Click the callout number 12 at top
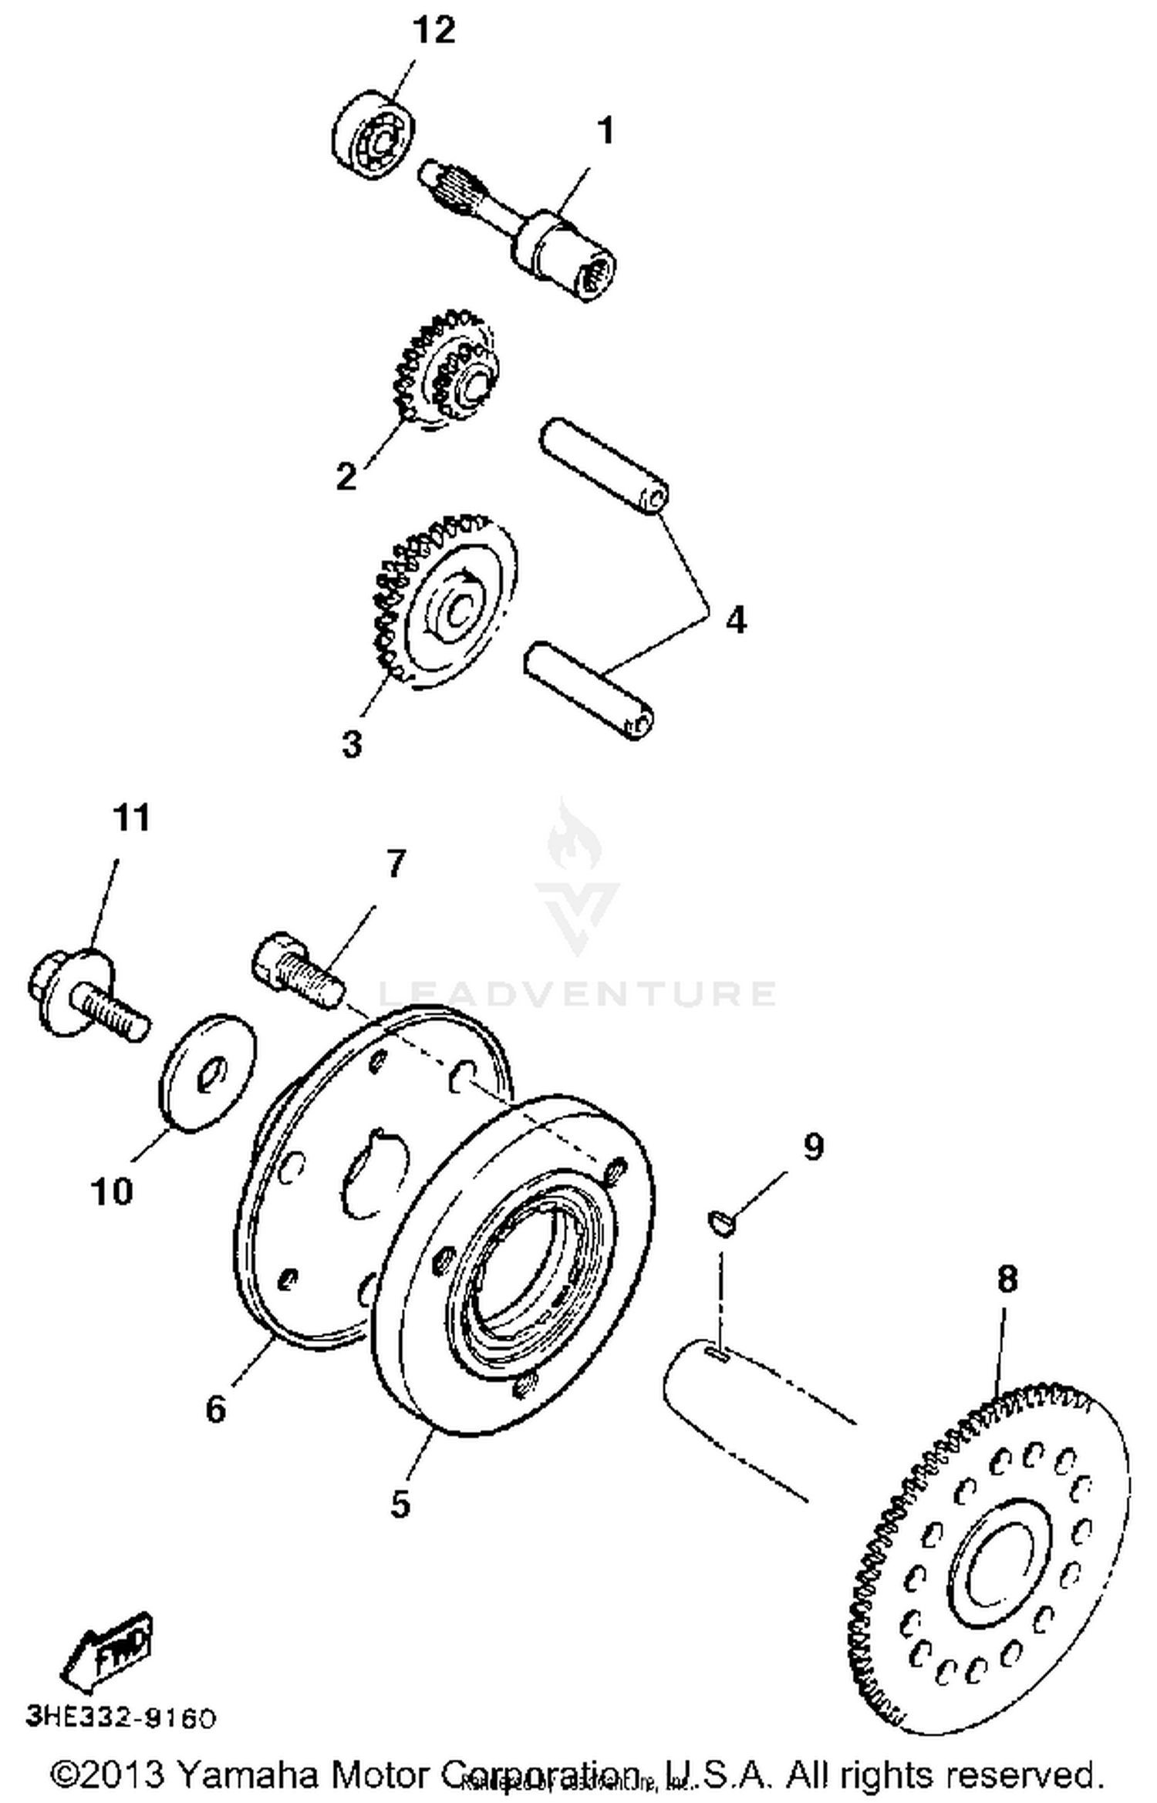[x=433, y=31]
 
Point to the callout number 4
[x=736, y=619]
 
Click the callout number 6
[x=216, y=1410]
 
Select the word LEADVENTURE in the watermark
[x=577, y=994]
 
